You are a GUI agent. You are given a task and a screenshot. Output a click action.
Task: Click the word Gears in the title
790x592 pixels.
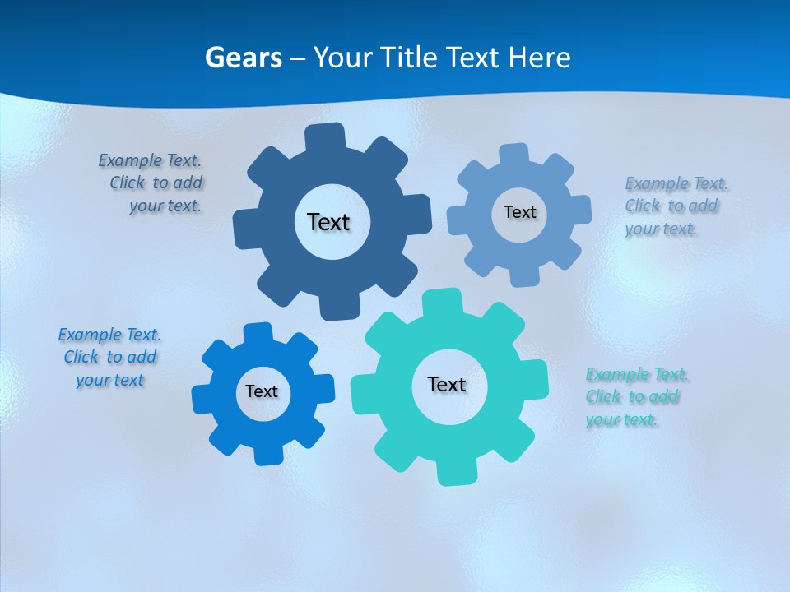pos(244,58)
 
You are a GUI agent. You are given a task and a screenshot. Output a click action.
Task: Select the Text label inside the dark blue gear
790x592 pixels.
pos(328,222)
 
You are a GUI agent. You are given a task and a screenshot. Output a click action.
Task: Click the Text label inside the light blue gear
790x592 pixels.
pos(519,212)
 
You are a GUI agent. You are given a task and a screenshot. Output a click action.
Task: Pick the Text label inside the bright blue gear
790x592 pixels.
pos(262,391)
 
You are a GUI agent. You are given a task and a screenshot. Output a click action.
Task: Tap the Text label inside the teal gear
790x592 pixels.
pos(447,384)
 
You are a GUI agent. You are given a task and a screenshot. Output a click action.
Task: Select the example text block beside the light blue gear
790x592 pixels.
pos(673,206)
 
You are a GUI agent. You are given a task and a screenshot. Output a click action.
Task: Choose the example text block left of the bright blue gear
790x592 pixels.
pos(109,358)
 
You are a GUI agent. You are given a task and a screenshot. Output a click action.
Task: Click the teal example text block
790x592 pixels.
pos(635,397)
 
